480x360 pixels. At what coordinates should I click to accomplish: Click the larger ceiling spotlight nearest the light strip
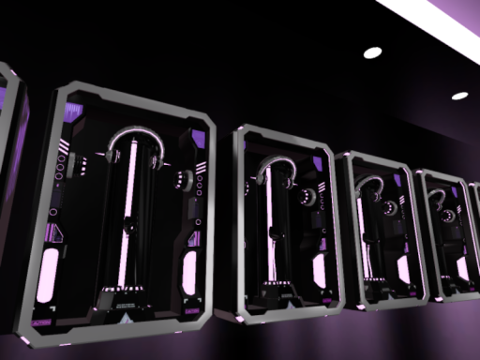click(372, 52)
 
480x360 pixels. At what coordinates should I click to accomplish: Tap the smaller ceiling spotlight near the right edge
click(459, 96)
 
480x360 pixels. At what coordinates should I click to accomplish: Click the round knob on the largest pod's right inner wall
click(177, 177)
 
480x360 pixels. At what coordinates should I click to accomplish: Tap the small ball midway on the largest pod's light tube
click(127, 224)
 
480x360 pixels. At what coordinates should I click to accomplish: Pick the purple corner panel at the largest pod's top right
click(198, 140)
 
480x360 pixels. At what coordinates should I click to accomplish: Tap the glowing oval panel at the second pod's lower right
click(319, 271)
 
